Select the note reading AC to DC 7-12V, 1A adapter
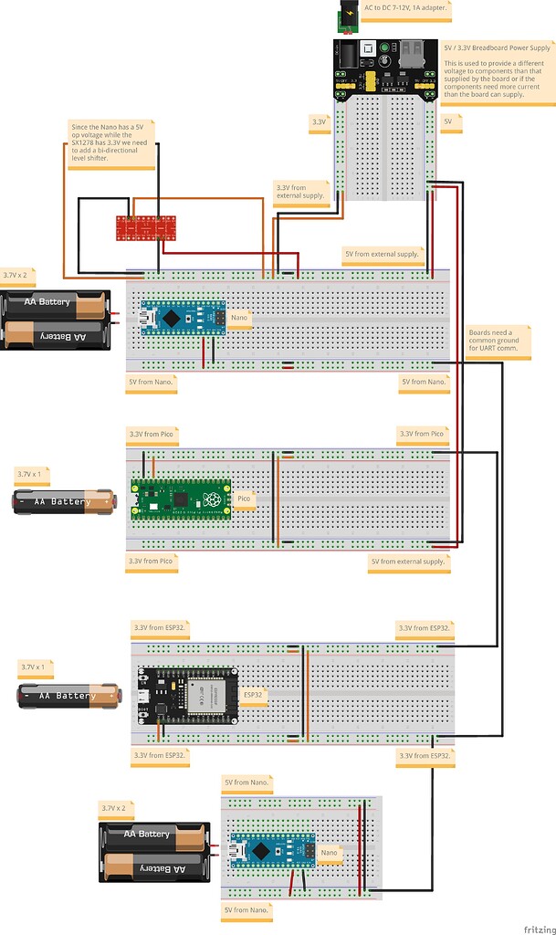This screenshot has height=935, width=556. point(405,10)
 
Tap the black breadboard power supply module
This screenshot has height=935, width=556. point(383,68)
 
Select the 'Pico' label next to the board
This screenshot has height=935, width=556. point(245,499)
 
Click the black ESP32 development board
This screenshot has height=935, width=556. point(187,694)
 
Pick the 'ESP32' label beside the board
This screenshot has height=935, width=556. point(254,694)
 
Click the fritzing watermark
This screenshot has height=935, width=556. point(537,927)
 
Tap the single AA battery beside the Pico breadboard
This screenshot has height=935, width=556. point(64,501)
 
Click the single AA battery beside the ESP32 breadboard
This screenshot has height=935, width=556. point(69,696)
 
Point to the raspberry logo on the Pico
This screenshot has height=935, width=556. point(212,499)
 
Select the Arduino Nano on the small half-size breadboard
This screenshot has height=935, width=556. point(272,851)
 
